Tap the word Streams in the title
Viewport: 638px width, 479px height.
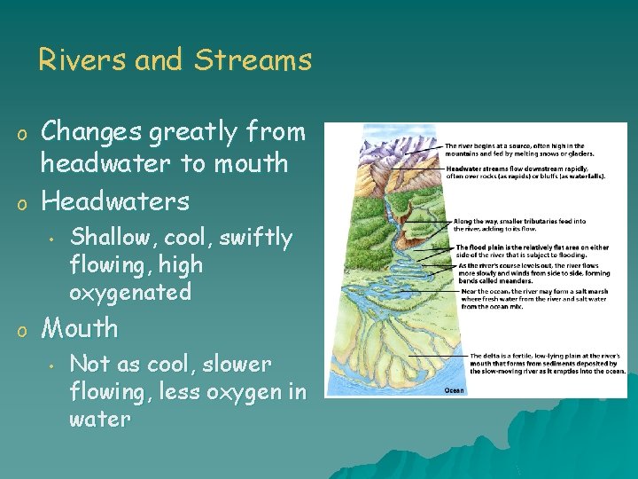[x=253, y=60]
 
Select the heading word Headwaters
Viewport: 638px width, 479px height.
[x=115, y=201]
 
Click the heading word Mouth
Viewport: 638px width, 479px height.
[x=80, y=328]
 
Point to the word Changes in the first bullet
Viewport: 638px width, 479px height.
[x=92, y=132]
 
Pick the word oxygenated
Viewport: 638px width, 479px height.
[x=130, y=292]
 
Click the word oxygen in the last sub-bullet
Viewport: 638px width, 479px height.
[x=242, y=391]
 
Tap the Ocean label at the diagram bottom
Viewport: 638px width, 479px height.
[x=453, y=389]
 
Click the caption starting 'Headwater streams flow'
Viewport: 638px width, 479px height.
[x=525, y=173]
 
